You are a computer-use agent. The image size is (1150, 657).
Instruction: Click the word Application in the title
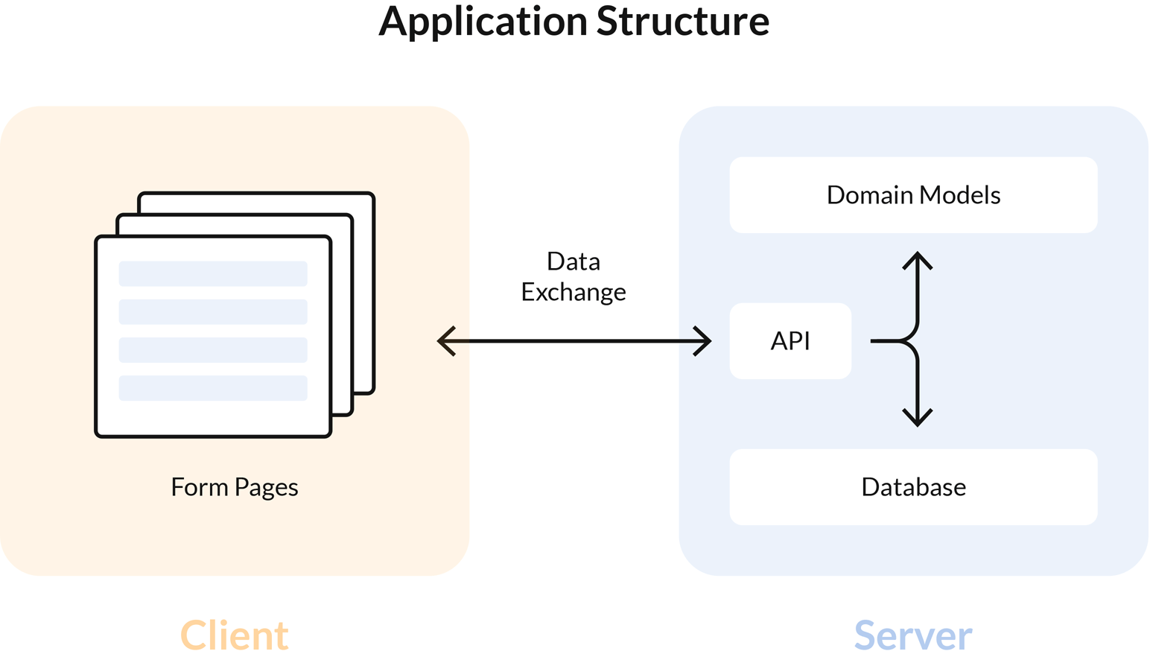click(483, 22)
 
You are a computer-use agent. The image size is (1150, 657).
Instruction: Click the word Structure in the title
click(682, 22)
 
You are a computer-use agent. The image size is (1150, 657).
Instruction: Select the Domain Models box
click(913, 195)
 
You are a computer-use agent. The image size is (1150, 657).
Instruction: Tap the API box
click(790, 341)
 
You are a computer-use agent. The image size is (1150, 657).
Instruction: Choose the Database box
click(913, 487)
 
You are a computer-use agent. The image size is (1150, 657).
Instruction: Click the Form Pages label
click(235, 487)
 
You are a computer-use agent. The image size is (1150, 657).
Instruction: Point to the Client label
click(235, 635)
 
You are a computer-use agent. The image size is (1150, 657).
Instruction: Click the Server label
click(913, 635)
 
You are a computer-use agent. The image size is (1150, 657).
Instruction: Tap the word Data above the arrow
click(573, 261)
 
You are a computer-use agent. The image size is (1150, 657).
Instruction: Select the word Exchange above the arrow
click(573, 292)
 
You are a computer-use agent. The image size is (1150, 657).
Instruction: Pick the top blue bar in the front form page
click(213, 273)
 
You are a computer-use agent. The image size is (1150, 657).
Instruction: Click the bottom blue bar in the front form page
click(213, 388)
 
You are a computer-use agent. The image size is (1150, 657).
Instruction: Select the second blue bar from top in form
click(213, 311)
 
